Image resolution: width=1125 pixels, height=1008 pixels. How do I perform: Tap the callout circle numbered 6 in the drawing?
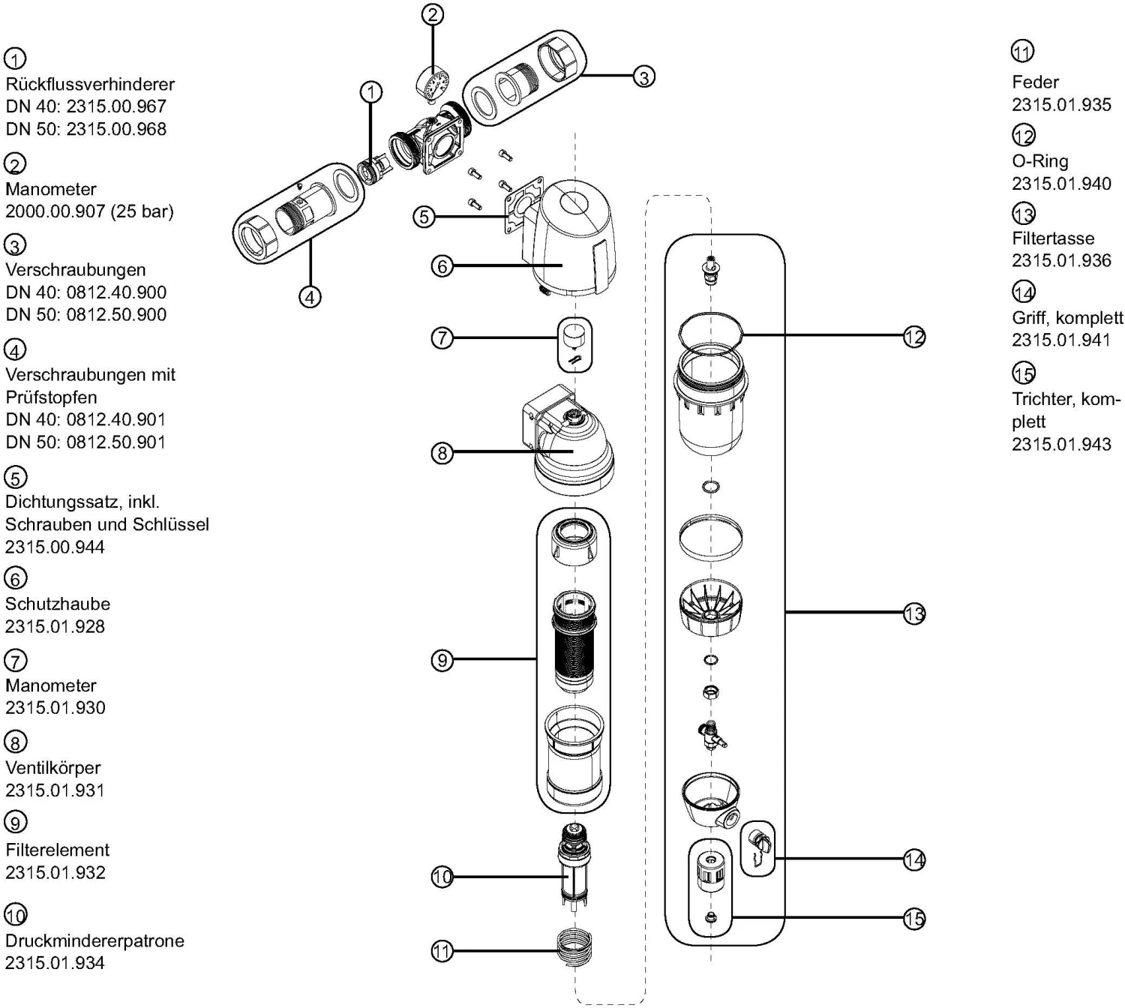[x=442, y=265]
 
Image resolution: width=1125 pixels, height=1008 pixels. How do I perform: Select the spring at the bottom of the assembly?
[x=576, y=951]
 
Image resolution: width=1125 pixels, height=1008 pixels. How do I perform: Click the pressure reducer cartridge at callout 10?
[x=574, y=866]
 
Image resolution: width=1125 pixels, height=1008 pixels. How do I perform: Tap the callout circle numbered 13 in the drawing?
[x=914, y=613]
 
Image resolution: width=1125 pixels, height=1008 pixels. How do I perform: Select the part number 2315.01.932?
[x=55, y=872]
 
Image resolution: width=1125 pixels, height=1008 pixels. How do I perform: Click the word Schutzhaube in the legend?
[x=58, y=604]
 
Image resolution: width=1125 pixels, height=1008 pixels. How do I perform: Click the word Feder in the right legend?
[x=1035, y=82]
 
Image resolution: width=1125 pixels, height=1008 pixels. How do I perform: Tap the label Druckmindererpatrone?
[x=94, y=940]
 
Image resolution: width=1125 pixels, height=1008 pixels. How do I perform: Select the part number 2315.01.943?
[x=1061, y=444]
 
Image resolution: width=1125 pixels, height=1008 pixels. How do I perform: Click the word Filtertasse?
[x=1053, y=238]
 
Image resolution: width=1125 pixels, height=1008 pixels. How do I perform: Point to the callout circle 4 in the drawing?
[x=310, y=297]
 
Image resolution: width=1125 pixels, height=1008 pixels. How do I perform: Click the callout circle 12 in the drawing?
[x=914, y=337]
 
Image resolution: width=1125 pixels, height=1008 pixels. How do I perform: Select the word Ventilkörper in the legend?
[x=52, y=767]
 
